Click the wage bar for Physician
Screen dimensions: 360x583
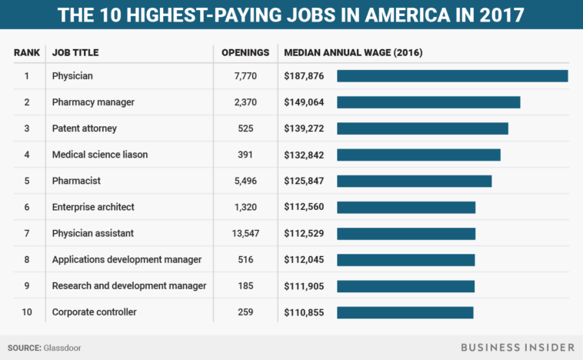pos(452,76)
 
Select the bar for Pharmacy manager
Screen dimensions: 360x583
pos(428,102)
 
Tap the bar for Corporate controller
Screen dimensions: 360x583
pos(405,312)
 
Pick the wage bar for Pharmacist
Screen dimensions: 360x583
pos(414,181)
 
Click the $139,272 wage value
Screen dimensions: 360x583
pos(304,128)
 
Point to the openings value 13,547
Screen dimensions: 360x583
pos(245,233)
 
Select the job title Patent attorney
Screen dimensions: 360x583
pos(85,128)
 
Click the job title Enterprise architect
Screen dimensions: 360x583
pos(93,207)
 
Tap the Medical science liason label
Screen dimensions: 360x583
pos(100,155)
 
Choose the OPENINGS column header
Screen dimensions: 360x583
pos(245,53)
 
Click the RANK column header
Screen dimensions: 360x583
pos(26,53)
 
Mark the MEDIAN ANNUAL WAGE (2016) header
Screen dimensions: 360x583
pos(353,53)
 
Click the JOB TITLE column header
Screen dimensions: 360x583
pos(75,53)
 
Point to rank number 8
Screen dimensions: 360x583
pos(26,259)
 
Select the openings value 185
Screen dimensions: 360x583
pos(245,285)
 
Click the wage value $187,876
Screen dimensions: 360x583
pos(304,76)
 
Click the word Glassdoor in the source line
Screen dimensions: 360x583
pos(62,348)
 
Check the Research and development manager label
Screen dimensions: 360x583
pos(129,285)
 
